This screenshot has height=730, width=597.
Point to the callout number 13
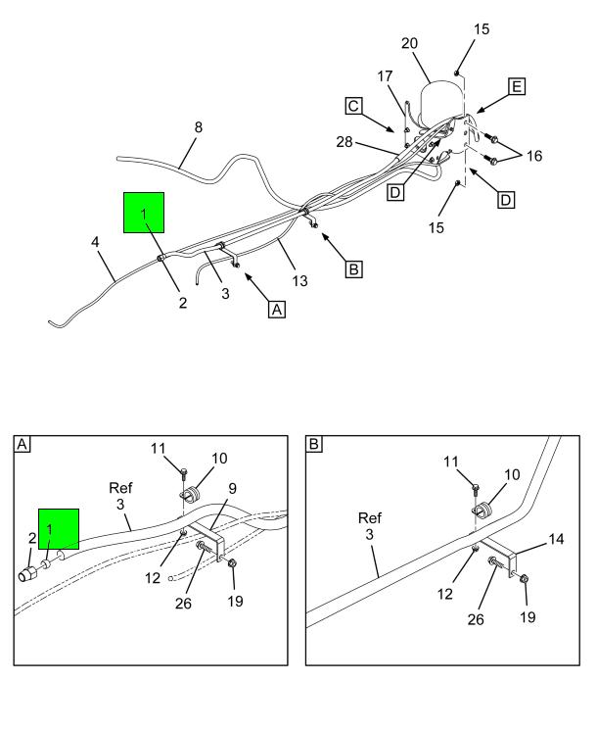tap(299, 281)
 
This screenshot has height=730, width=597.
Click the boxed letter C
tap(354, 105)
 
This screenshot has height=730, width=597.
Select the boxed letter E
tap(517, 88)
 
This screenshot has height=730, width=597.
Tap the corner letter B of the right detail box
tap(314, 444)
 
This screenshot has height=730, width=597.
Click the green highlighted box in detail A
tap(59, 530)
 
